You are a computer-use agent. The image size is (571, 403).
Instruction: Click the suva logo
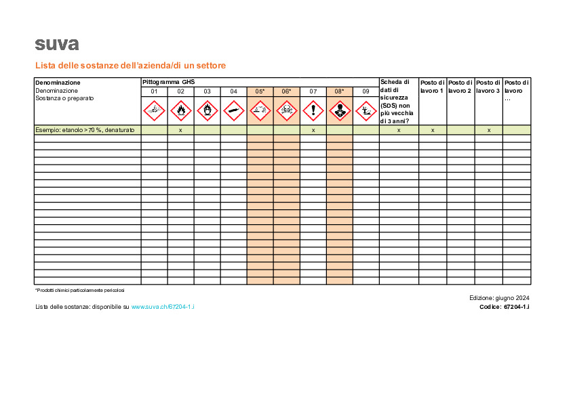pyautogui.click(x=57, y=45)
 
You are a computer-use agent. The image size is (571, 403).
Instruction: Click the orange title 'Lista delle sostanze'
pyautogui.click(x=130, y=66)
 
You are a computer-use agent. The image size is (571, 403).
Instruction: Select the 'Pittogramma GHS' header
pyautogui.click(x=168, y=82)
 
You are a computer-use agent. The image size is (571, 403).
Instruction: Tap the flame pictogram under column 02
pyautogui.click(x=180, y=108)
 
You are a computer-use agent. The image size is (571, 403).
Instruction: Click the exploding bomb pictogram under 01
pyautogui.click(x=154, y=108)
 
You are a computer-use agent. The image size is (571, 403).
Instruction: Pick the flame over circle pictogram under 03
pyautogui.click(x=207, y=108)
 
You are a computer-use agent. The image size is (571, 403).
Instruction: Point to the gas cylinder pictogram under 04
pyautogui.click(x=233, y=108)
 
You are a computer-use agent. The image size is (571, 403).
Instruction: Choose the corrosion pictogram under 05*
pyautogui.click(x=260, y=108)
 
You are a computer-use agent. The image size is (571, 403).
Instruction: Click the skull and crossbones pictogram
pyautogui.click(x=286, y=108)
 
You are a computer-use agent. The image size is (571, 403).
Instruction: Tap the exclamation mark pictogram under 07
pyautogui.click(x=313, y=108)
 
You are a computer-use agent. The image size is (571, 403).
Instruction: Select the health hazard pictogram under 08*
pyautogui.click(x=339, y=108)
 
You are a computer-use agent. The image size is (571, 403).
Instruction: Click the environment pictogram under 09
pyautogui.click(x=366, y=108)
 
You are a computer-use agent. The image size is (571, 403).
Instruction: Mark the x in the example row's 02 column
pyautogui.click(x=180, y=129)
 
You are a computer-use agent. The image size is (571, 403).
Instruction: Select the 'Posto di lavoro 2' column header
pyautogui.click(x=460, y=86)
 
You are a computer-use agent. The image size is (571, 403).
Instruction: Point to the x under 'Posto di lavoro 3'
pyautogui.click(x=488, y=129)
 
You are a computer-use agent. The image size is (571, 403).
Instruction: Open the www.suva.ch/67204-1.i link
pyautogui.click(x=163, y=307)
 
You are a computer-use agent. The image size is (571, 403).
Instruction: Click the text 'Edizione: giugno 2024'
pyautogui.click(x=499, y=298)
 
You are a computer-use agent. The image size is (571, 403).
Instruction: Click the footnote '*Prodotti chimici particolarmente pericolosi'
pyautogui.click(x=80, y=290)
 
